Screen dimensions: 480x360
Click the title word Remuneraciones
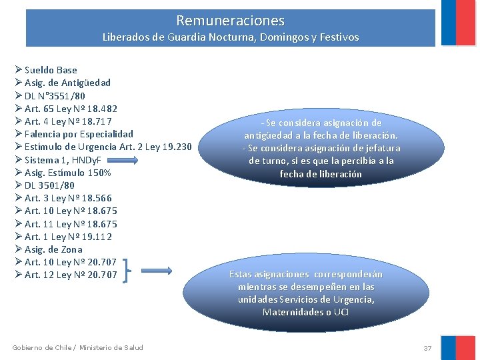230,21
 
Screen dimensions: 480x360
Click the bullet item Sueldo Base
51,70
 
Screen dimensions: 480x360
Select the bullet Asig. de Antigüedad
67,83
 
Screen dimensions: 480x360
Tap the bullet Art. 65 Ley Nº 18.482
71,109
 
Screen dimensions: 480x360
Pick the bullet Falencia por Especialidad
79,134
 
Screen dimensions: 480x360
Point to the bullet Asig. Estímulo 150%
67,173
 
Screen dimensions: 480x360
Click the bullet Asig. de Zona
53,249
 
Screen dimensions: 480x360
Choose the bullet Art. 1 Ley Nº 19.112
68,237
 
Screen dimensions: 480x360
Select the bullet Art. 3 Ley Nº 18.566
68,198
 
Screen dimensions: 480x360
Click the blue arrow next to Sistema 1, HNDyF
123,160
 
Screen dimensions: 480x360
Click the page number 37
427,348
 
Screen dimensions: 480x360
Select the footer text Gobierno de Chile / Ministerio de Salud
77,347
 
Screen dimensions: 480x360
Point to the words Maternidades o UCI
306,312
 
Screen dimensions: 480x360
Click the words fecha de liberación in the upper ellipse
320,174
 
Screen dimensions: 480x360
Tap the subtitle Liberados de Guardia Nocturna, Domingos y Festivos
230,37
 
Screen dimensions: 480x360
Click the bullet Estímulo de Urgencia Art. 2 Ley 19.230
108,147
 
